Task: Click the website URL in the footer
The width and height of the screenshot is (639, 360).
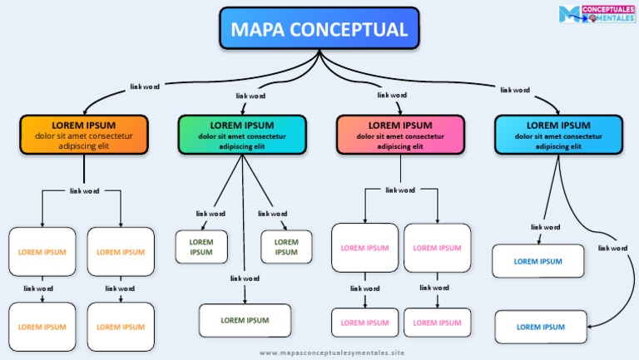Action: (x=331, y=353)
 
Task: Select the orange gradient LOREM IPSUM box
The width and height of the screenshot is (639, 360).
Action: (x=83, y=135)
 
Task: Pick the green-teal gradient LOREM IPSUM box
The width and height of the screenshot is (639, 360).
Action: (x=242, y=135)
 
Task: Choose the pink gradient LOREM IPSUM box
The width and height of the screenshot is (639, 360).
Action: (x=400, y=135)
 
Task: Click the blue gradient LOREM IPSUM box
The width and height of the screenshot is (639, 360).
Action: (x=558, y=135)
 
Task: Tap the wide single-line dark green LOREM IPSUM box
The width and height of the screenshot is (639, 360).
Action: (x=245, y=320)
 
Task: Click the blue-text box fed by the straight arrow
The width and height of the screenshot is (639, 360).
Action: (x=537, y=261)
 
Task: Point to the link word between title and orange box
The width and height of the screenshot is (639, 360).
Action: (x=145, y=86)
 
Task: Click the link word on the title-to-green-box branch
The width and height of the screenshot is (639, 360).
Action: (x=251, y=96)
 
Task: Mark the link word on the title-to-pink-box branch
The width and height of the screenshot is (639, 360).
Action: (x=392, y=95)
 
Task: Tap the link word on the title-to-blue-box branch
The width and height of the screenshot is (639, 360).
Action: (x=514, y=90)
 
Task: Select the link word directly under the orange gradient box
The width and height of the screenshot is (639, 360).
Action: (x=84, y=190)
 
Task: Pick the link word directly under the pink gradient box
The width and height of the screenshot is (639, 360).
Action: (x=400, y=190)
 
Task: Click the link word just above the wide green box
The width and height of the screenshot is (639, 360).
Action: (x=245, y=279)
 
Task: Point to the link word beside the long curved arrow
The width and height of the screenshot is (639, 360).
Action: (x=612, y=248)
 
